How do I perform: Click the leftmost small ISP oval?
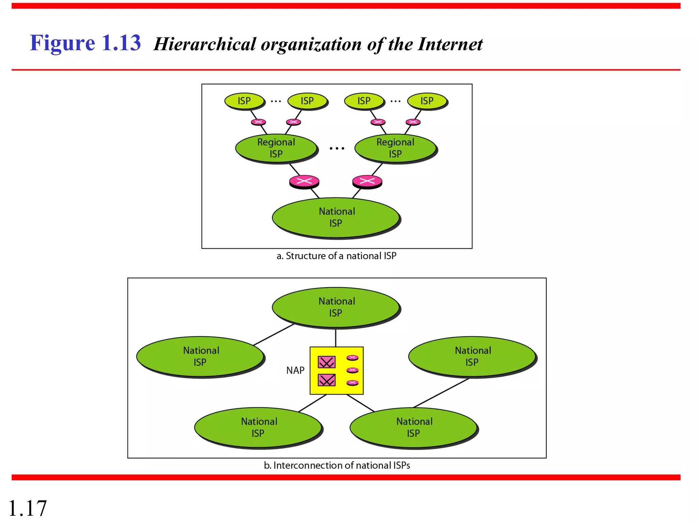tap(244, 101)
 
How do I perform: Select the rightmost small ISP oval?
tap(427, 101)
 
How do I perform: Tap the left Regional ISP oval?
tap(276, 148)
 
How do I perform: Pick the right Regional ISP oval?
tap(395, 148)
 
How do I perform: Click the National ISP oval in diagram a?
tap(336, 217)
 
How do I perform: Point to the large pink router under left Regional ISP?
tap(304, 181)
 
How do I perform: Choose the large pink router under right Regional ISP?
tap(367, 181)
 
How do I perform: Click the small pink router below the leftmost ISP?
tap(258, 122)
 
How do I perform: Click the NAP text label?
tap(295, 370)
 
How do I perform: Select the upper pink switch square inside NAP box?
tap(327, 362)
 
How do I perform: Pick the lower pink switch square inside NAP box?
tap(327, 380)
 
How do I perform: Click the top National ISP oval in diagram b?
tap(336, 307)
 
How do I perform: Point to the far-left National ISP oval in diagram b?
tap(200, 356)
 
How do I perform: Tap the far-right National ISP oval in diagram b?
tap(472, 356)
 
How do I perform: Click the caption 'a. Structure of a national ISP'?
tap(336, 256)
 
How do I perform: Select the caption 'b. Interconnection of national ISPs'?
tap(337, 465)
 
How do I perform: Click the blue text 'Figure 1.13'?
tap(85, 43)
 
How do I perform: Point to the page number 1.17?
tap(27, 508)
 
